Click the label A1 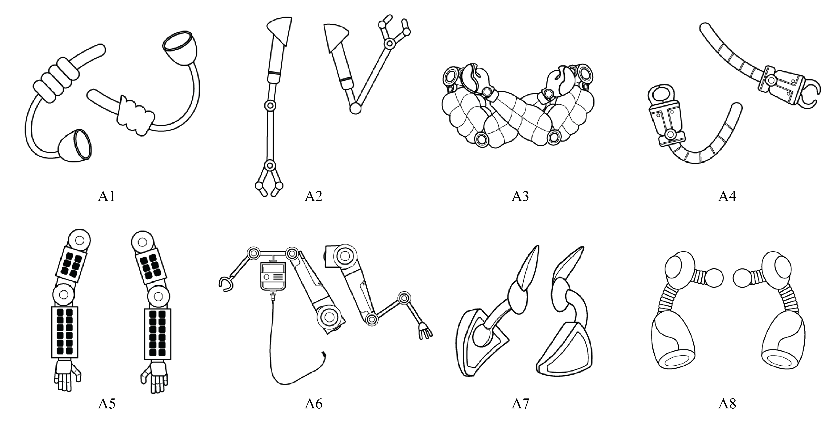click(107, 196)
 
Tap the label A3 click(520, 196)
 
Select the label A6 click(313, 404)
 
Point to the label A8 click(727, 404)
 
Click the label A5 click(107, 404)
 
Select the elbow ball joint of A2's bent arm click(355, 108)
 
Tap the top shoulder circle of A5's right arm click(142, 242)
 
